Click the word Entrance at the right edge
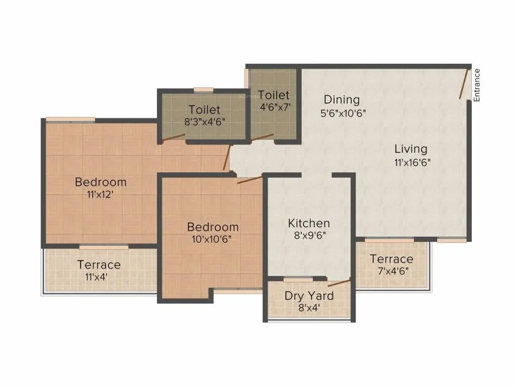[477, 85]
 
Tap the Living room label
[410, 149]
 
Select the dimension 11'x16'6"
[412, 162]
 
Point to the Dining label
[341, 99]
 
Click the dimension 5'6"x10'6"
[342, 113]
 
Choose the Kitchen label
[309, 223]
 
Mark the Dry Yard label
[309, 296]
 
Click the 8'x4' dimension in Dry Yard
[309, 308]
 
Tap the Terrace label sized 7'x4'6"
[391, 259]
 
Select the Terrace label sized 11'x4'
[99, 265]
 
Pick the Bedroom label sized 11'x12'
[101, 182]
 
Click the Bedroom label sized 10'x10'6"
[213, 227]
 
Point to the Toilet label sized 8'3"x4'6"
[204, 109]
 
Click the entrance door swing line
[464, 84]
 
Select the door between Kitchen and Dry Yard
[339, 282]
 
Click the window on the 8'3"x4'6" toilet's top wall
[204, 90]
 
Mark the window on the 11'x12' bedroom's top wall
[70, 119]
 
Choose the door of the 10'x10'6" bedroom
[249, 179]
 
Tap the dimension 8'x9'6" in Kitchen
[309, 236]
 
